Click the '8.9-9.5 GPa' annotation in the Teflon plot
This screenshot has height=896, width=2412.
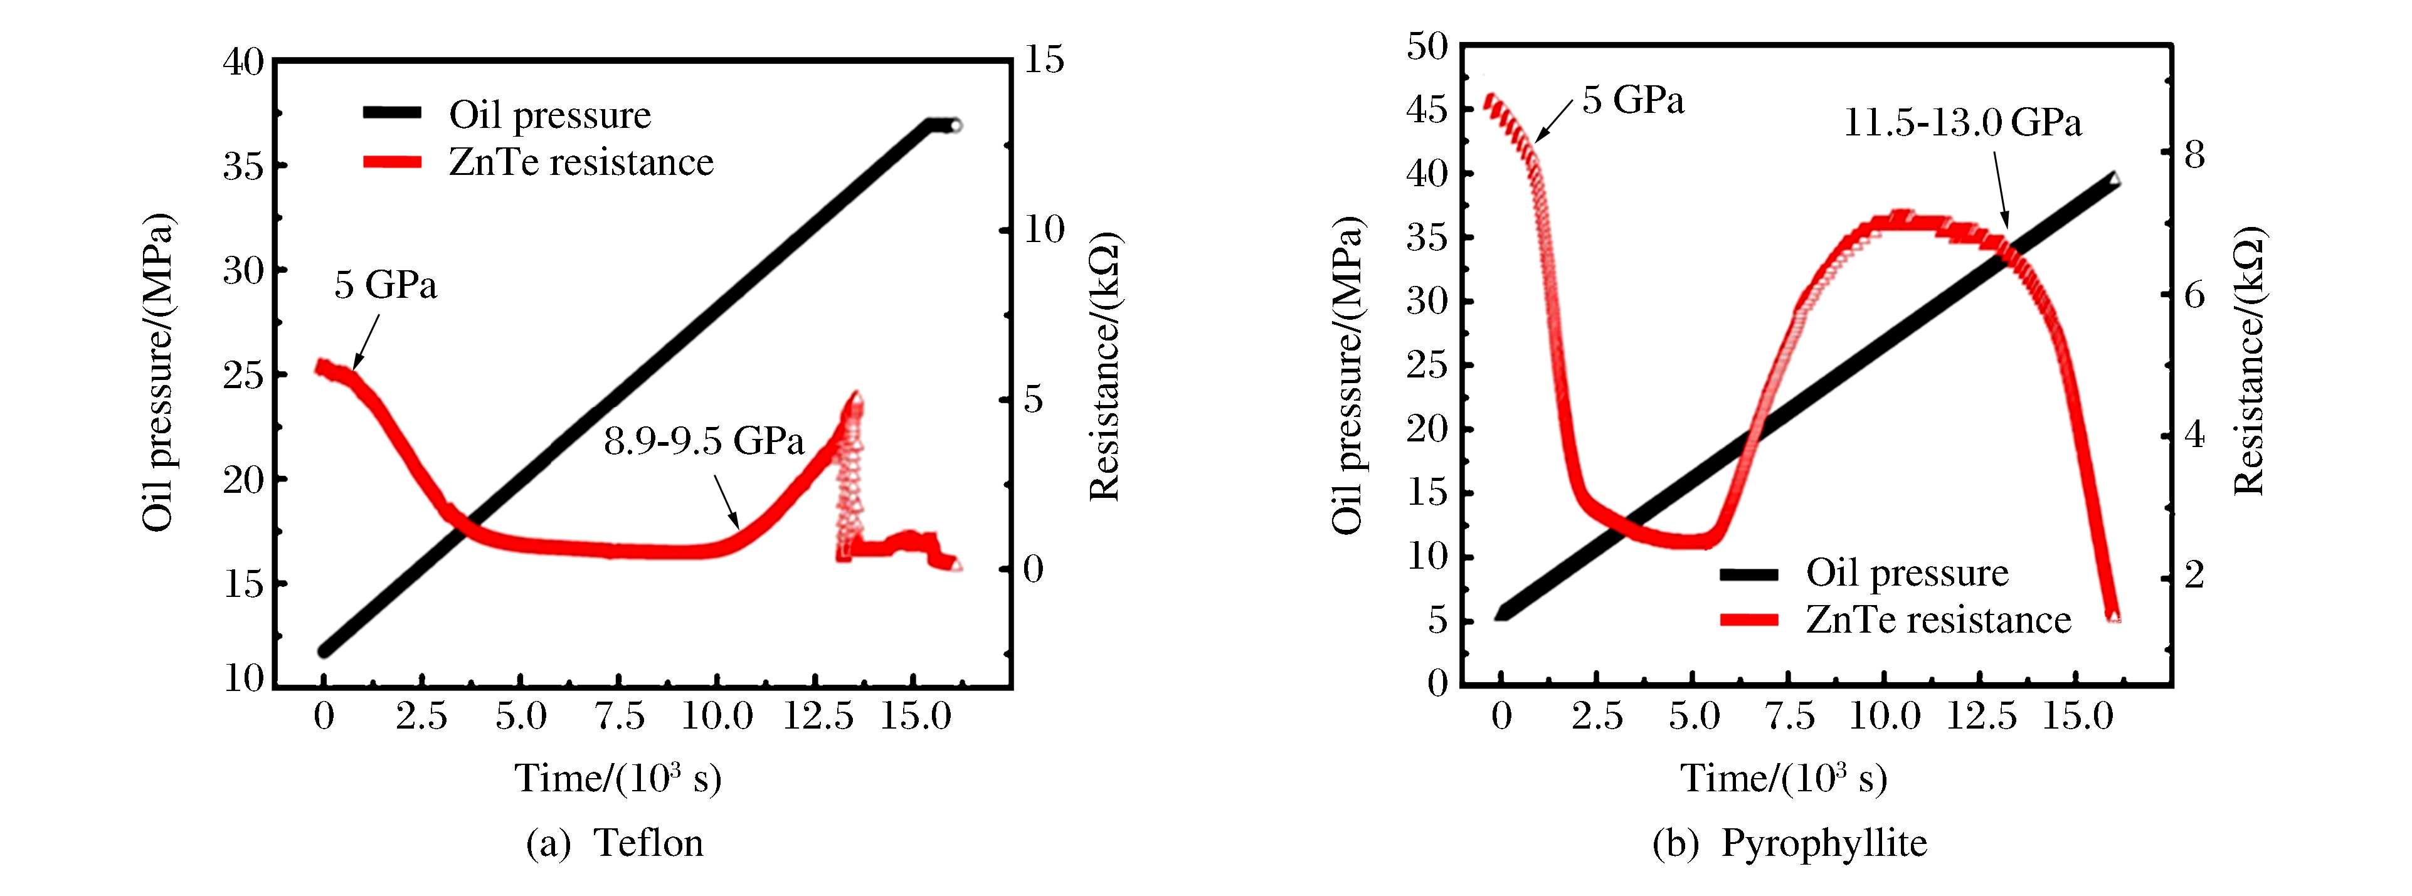[703, 441]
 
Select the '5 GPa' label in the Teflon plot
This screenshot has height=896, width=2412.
[385, 285]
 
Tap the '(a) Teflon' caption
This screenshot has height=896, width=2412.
[614, 843]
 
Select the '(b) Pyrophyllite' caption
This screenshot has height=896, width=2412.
[1789, 843]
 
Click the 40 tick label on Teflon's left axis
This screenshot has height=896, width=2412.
[243, 62]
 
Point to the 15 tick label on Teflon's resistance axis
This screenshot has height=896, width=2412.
[1043, 60]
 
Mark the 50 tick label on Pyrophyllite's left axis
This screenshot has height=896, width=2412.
[1426, 46]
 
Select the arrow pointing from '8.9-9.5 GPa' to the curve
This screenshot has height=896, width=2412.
[727, 503]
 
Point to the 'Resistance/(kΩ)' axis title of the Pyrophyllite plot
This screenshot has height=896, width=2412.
[2249, 361]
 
